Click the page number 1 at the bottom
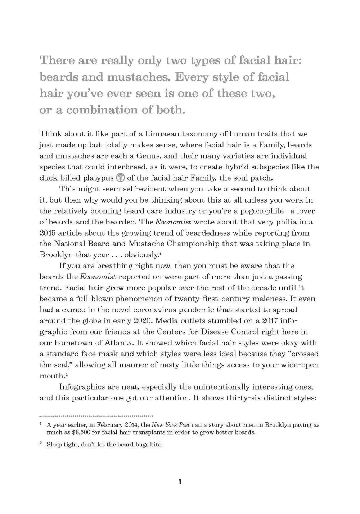pos(180,482)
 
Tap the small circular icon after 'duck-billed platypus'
pos(121,178)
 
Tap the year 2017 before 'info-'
pos(270,321)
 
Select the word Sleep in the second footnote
pos(54,445)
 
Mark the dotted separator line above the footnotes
pos(96,416)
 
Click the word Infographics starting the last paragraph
pos(81,387)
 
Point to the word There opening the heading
pos(55,60)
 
